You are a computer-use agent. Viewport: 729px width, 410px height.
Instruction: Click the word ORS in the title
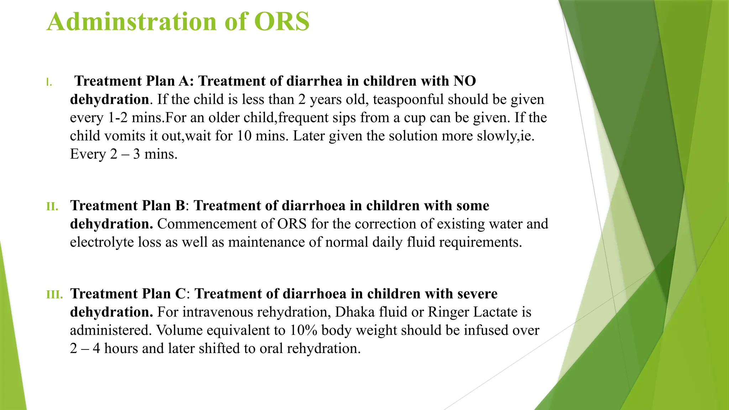click(x=282, y=22)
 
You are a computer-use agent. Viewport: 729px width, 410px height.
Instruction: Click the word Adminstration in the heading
click(x=132, y=22)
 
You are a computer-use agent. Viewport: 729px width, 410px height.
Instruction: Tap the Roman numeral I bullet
click(x=49, y=83)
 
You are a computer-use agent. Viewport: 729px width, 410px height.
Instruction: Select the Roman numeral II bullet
click(x=52, y=206)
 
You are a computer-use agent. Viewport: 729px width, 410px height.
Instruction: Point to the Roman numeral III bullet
click(x=54, y=295)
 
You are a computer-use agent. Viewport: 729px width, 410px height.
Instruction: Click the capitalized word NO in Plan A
click(x=465, y=82)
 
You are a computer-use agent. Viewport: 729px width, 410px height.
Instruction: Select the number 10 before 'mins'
click(x=244, y=136)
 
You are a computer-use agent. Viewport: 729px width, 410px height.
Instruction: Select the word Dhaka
click(x=355, y=312)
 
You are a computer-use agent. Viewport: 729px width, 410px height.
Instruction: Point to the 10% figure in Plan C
click(x=303, y=330)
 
